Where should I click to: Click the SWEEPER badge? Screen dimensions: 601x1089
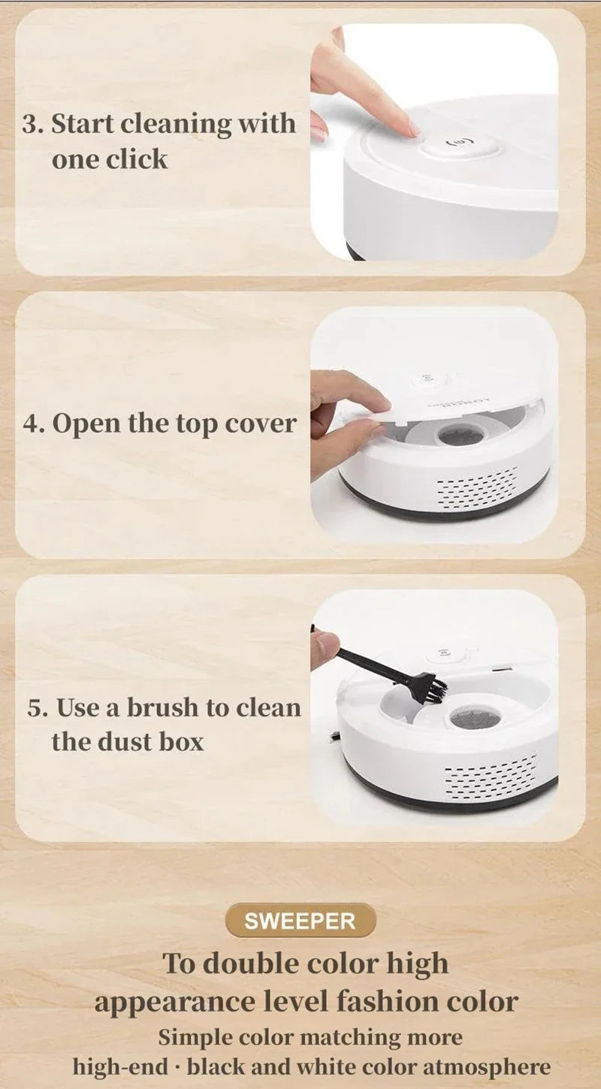(300, 920)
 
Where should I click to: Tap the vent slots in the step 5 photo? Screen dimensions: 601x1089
(491, 777)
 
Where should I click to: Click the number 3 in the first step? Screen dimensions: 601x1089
(30, 124)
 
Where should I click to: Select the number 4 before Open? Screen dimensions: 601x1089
(31, 424)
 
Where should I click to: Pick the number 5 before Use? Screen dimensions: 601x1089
(36, 707)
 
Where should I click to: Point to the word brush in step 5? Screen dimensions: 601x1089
(163, 707)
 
